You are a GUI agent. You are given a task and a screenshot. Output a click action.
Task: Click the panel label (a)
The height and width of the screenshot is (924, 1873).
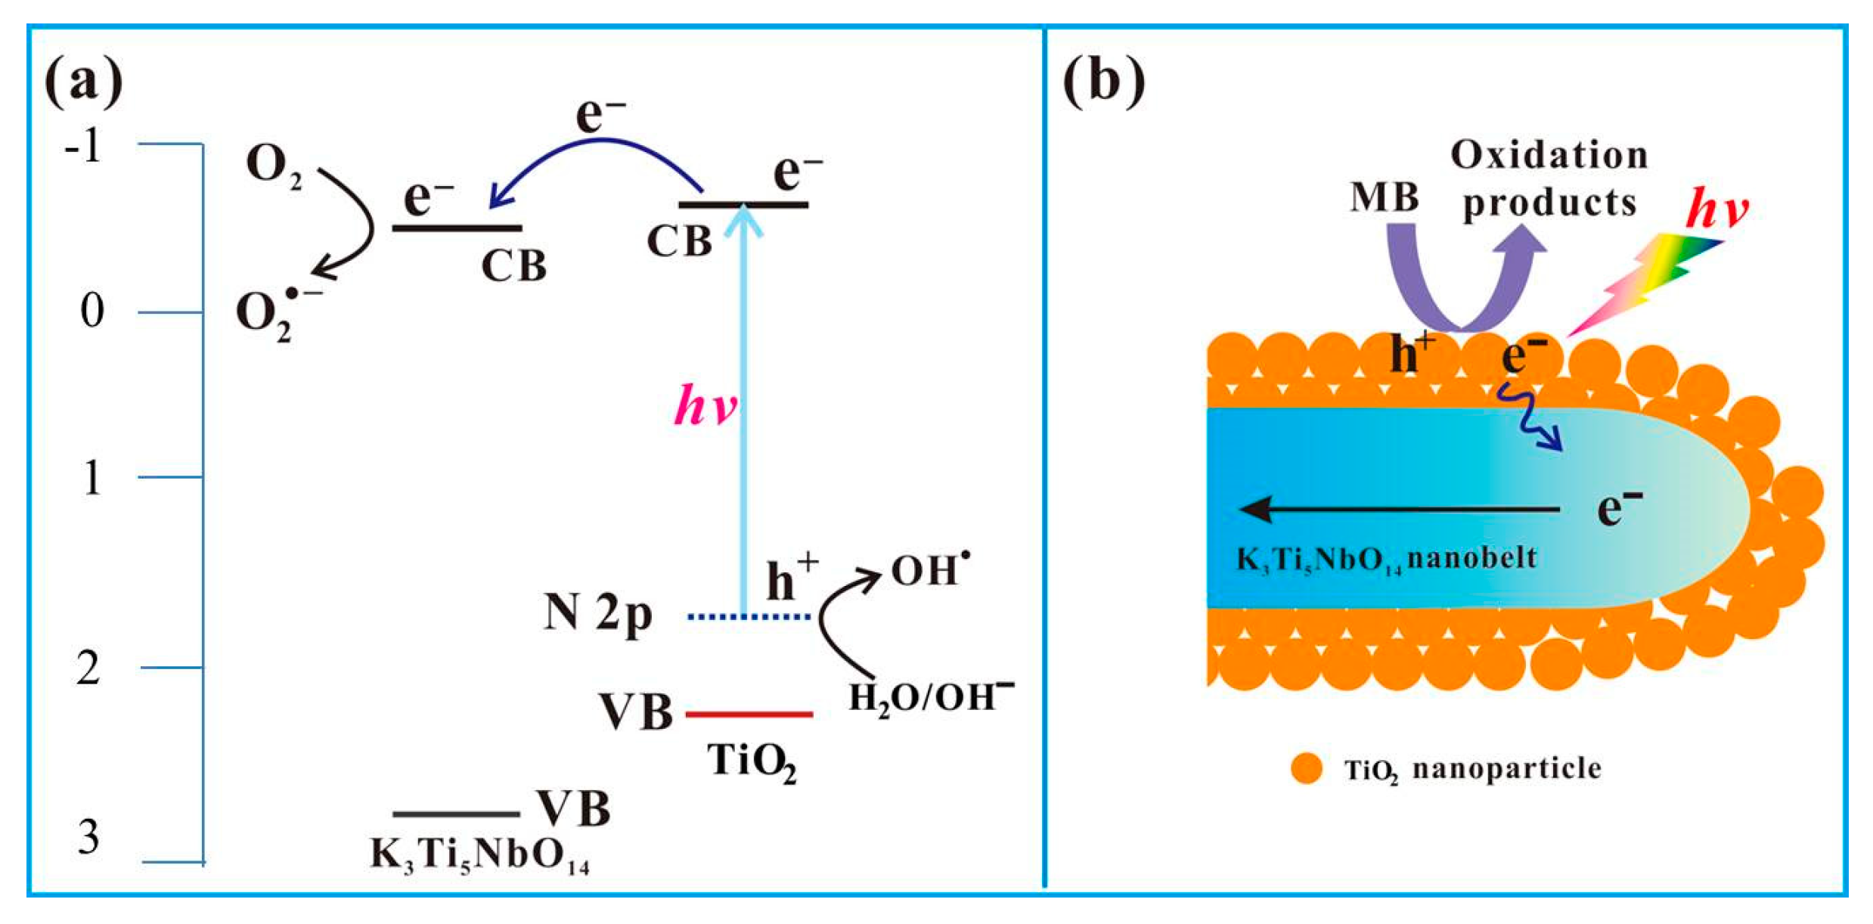[x=83, y=81]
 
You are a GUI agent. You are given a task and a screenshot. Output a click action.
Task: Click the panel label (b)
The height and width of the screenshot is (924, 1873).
[x=1103, y=81]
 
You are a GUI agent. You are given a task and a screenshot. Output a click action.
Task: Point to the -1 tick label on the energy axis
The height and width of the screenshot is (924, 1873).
[x=82, y=145]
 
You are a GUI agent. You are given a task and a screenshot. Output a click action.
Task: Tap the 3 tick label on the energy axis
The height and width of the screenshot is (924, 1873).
[x=88, y=837]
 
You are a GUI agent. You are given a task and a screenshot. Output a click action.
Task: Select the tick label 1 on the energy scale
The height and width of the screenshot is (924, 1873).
[x=91, y=478]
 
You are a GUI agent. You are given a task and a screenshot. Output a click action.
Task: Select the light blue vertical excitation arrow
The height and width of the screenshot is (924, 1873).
[x=744, y=408]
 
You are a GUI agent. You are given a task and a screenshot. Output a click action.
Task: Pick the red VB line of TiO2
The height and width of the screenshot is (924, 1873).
[x=749, y=714]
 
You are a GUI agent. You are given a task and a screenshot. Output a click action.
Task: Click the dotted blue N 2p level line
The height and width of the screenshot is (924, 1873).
[x=749, y=617]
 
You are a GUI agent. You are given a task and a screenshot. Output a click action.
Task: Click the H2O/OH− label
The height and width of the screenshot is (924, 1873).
[x=931, y=696]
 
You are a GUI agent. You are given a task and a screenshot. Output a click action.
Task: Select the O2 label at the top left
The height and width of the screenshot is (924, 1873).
[x=272, y=165]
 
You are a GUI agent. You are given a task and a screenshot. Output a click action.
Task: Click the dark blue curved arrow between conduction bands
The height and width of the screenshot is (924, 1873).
[x=597, y=147]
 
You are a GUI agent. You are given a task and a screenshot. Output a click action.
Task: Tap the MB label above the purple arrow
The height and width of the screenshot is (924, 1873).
[x=1384, y=198]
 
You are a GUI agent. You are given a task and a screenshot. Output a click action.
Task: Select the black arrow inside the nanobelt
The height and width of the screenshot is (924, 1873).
[x=1399, y=510]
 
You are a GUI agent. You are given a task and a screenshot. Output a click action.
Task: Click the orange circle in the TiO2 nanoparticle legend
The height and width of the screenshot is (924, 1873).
[x=1307, y=769]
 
